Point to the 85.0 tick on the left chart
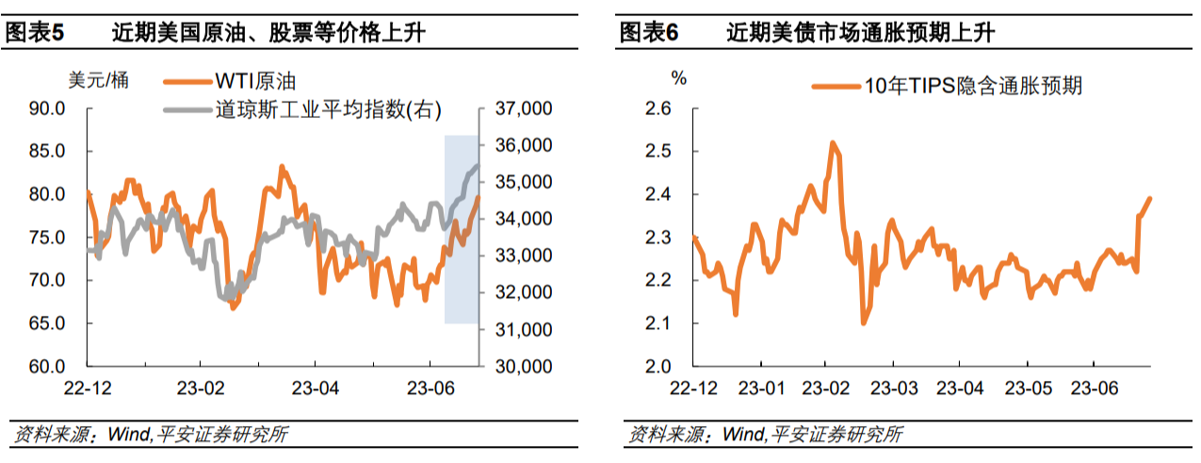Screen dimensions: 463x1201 [x=47, y=152]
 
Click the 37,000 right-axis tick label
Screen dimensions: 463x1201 [x=521, y=109]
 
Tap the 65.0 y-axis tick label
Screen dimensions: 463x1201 [x=47, y=323]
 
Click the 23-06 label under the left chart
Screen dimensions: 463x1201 [x=430, y=388]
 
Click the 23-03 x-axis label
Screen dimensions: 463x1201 [x=894, y=388]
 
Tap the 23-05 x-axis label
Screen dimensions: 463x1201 [x=1028, y=388]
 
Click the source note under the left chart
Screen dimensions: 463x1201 [x=150, y=435]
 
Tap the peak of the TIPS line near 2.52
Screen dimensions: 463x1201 [x=832, y=142]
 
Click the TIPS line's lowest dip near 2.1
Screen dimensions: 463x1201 [x=863, y=323]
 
